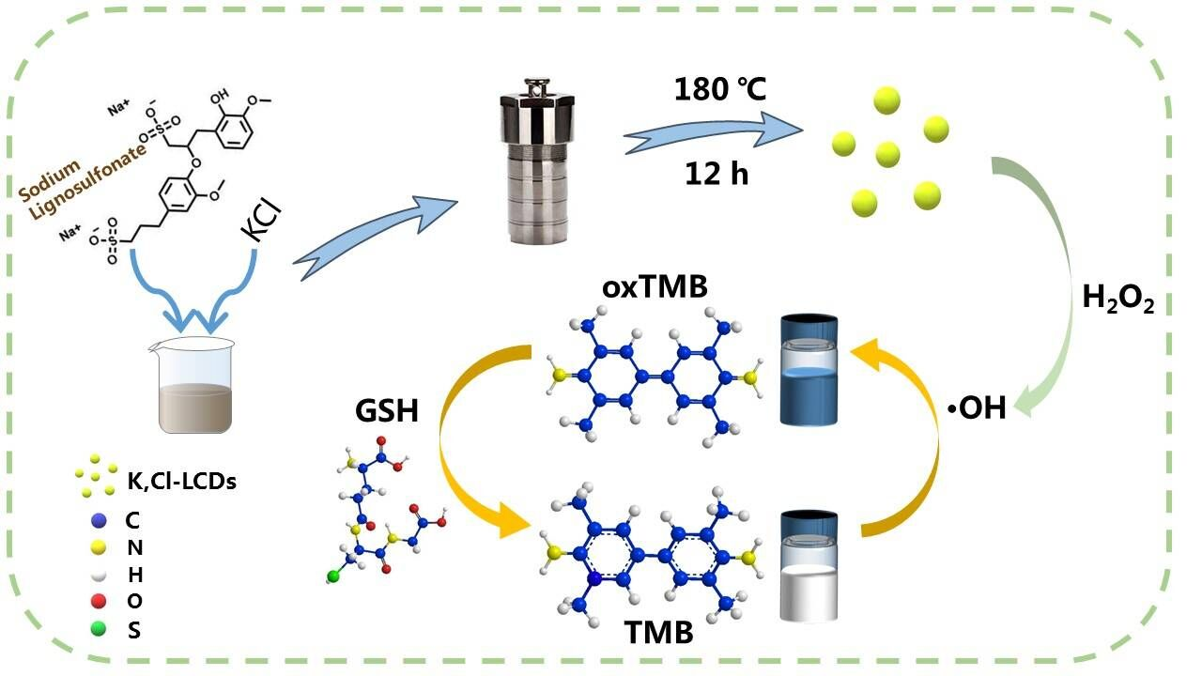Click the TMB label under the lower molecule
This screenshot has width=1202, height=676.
[659, 632]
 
